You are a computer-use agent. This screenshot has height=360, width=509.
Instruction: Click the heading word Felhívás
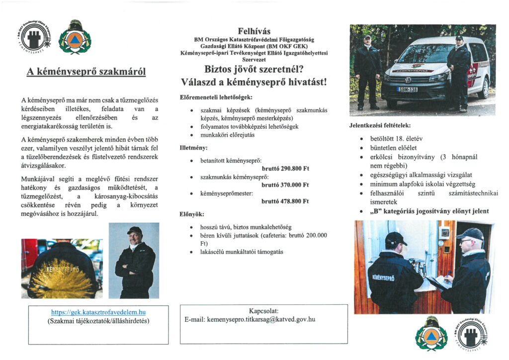[254, 30]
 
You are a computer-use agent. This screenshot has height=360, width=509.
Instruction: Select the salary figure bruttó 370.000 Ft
[285, 185]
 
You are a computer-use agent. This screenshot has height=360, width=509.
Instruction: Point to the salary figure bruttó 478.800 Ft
[285, 201]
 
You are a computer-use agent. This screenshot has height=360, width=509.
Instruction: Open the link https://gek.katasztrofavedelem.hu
[98, 312]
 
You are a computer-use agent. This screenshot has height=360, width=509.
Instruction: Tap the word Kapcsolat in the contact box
[264, 310]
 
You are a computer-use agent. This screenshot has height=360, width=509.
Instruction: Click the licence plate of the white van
[407, 90]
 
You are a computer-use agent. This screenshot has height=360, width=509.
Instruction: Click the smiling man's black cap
[134, 230]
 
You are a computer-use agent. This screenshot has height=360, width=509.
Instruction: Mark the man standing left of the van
[367, 72]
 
